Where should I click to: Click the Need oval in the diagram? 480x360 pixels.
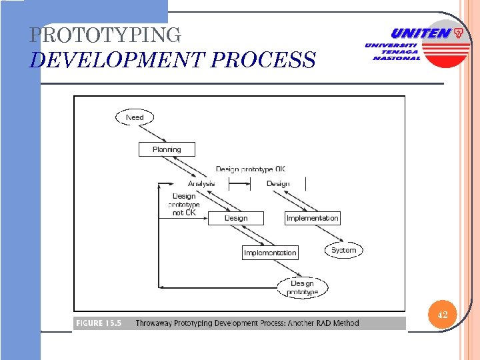[x=134, y=117]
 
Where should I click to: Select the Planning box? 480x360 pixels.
[x=167, y=149]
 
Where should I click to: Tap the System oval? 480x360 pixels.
[x=344, y=250]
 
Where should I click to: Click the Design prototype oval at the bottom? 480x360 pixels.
[x=302, y=287]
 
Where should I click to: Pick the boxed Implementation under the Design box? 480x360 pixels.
[x=270, y=253]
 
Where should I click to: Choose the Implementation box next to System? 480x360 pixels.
[x=312, y=218]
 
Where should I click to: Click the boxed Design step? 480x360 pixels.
[x=236, y=218]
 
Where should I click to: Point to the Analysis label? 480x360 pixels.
[x=201, y=183]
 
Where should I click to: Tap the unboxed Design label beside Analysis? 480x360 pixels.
[x=278, y=183]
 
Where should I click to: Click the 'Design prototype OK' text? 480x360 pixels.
[x=250, y=169]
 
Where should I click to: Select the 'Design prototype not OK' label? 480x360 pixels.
[x=184, y=204]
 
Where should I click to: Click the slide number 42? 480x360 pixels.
[x=442, y=315]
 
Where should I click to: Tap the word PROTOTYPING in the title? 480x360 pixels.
[x=105, y=35]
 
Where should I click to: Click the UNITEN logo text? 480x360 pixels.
[x=420, y=33]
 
